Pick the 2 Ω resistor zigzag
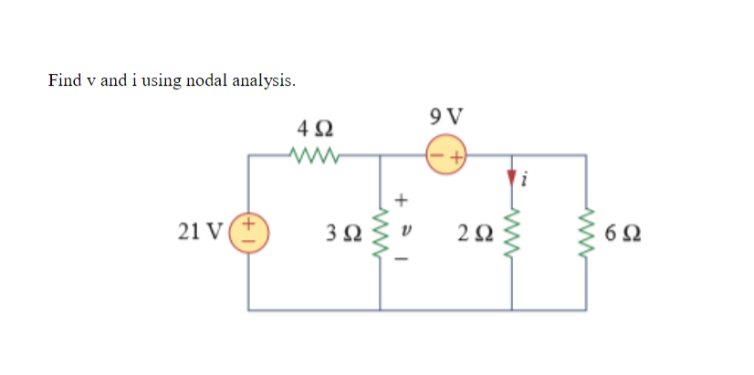tap(512, 233)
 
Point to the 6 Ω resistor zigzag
tap(586, 233)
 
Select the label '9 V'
tap(445, 116)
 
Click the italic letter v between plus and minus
tap(403, 230)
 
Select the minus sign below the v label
tap(403, 260)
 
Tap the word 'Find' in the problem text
tap(65, 80)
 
